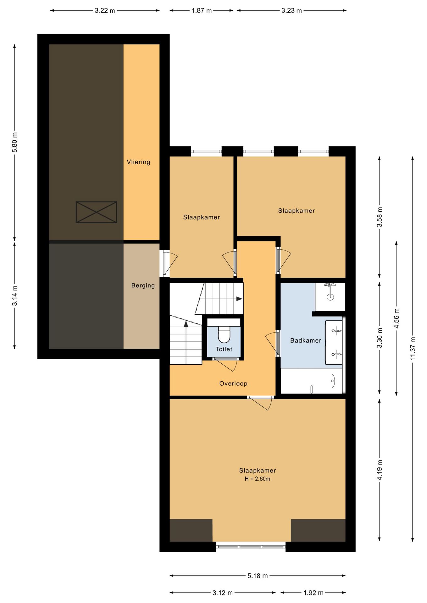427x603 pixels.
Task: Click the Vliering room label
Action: click(138, 162)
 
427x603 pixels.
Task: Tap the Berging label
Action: click(143, 285)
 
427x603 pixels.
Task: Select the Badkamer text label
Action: click(306, 340)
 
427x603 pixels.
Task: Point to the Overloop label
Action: click(233, 383)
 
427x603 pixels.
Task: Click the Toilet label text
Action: click(224, 349)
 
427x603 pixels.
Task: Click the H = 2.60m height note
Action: click(258, 479)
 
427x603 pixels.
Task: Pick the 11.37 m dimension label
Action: click(413, 349)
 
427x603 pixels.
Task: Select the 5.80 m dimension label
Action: click(15, 142)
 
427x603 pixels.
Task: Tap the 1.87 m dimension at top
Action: click(202, 10)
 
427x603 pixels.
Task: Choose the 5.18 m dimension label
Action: click(258, 576)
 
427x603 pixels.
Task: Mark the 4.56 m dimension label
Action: click(396, 318)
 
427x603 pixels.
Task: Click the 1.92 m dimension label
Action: click(313, 593)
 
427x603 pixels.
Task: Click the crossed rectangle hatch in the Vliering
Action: click(97, 212)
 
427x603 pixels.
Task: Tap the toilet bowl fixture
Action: click(224, 335)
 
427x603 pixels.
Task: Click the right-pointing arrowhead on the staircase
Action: click(239, 299)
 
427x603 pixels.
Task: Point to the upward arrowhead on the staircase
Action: click(186, 324)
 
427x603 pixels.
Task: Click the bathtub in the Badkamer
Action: click(311, 381)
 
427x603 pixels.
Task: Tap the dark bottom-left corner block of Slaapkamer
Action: click(191, 530)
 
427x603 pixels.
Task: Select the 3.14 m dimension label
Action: click(15, 296)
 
